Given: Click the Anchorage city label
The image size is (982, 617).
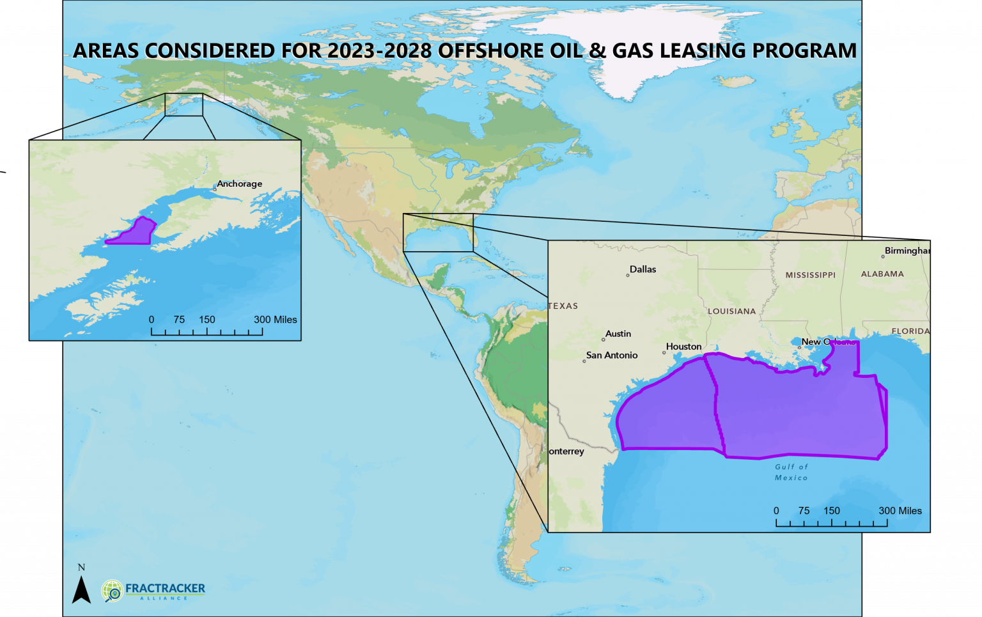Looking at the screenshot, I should [x=239, y=184].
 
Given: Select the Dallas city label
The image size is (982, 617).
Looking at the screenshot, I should [x=643, y=269].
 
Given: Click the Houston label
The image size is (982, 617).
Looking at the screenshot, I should [x=683, y=347].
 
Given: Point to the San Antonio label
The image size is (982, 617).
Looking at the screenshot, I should [x=611, y=355].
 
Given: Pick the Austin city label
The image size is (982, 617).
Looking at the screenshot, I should [x=618, y=334].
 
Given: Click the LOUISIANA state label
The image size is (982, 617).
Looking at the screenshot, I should [x=731, y=311].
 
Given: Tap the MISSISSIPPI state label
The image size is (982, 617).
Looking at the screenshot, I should [x=810, y=275].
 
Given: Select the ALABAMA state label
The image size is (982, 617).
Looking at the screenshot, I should [x=882, y=274].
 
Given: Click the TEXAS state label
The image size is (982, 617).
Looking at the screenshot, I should [x=563, y=306].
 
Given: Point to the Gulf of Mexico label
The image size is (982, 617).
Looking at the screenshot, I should [x=791, y=473].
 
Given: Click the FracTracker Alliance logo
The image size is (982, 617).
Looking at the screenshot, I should [x=153, y=590].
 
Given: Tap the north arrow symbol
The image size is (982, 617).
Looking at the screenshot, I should [x=81, y=588].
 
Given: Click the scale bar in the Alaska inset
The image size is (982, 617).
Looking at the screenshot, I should [x=207, y=331].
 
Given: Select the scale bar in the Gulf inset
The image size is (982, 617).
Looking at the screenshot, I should [x=831, y=522].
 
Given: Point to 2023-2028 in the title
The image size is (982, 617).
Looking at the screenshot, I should [x=380, y=51].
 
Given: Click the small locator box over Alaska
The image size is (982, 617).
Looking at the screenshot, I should [x=183, y=105].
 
